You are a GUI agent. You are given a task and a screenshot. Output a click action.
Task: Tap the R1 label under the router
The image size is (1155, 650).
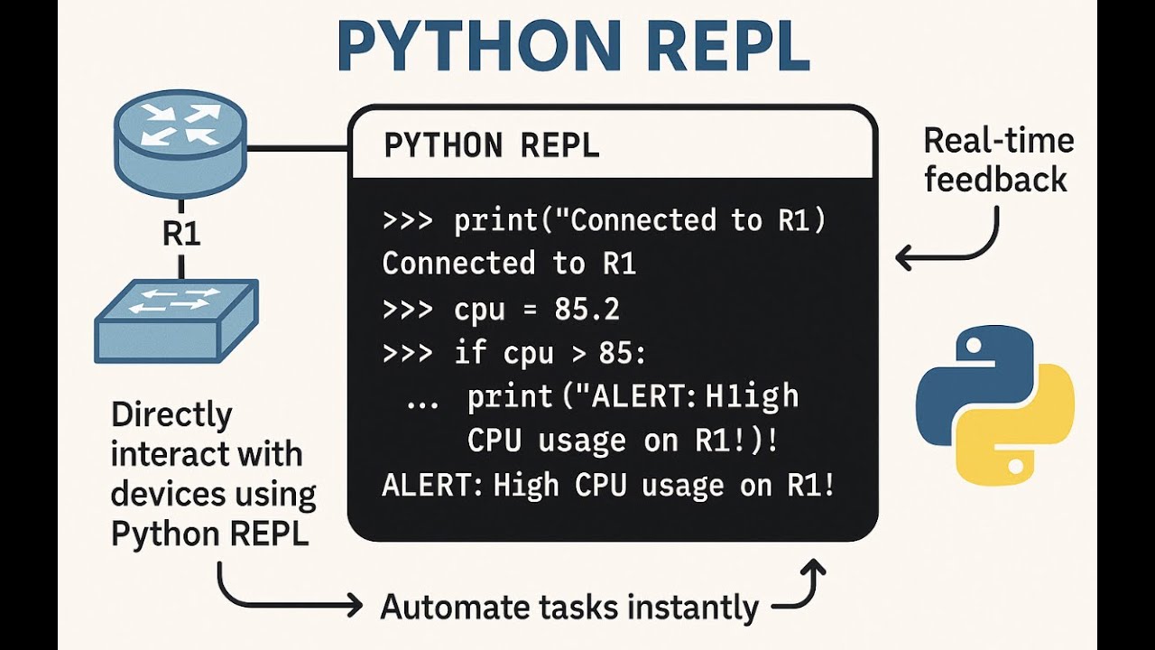(x=180, y=234)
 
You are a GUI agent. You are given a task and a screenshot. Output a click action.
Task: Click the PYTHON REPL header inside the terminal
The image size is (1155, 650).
(x=492, y=145)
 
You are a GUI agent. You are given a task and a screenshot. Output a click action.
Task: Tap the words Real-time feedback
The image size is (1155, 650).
(x=997, y=160)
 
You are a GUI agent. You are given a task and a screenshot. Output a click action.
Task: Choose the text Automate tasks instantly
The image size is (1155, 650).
(x=569, y=607)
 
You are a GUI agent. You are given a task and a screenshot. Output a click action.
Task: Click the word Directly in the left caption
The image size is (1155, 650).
(x=171, y=415)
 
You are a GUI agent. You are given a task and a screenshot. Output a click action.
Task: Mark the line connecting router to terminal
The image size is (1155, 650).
(x=298, y=148)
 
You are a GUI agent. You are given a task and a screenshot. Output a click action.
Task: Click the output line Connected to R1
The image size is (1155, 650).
(x=509, y=264)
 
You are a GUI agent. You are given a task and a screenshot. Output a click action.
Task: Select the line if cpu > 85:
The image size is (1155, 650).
(x=514, y=353)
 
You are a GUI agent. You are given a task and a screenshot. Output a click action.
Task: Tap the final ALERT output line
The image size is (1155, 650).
(x=608, y=486)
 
